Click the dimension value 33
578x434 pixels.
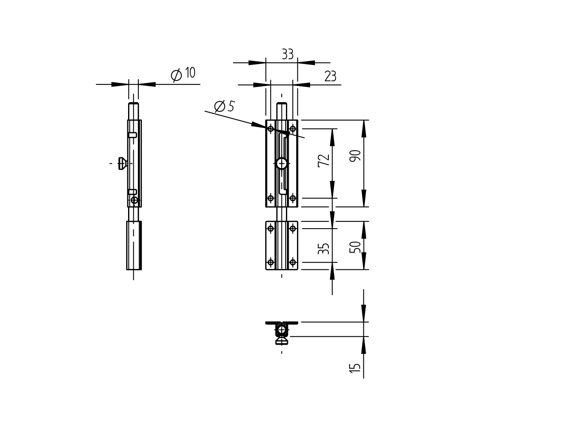click(288, 54)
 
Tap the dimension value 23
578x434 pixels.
click(330, 76)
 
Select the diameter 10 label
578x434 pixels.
click(183, 74)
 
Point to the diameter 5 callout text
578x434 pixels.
click(224, 106)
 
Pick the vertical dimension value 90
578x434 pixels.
click(355, 156)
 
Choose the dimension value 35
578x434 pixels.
click(323, 249)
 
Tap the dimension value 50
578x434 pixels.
click(355, 247)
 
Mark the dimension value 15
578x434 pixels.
click(355, 368)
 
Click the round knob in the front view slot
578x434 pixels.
click(282, 163)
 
